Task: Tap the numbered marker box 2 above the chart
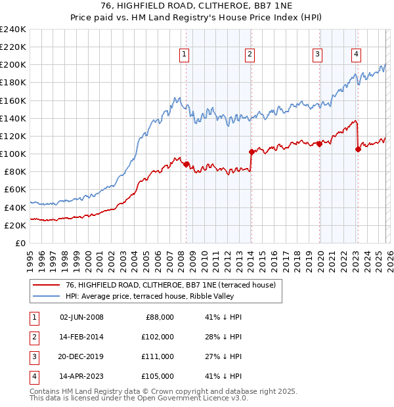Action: (x=250, y=54)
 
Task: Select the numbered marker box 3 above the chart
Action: (x=317, y=54)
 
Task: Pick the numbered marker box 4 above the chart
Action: (x=355, y=54)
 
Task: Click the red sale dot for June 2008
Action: (x=186, y=164)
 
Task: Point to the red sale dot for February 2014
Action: (x=252, y=152)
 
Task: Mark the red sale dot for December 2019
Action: (x=319, y=144)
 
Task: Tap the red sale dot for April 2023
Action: (x=358, y=149)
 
